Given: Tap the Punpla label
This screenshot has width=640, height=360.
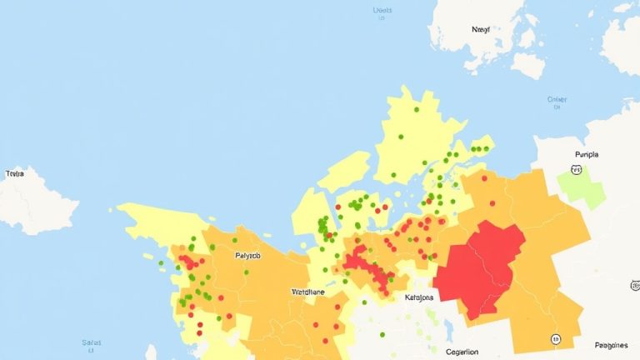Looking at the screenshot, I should pyautogui.click(x=587, y=155).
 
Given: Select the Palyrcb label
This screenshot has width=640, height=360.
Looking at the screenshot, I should pyautogui.click(x=247, y=256).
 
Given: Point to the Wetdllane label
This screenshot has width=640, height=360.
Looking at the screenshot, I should pyautogui.click(x=308, y=292).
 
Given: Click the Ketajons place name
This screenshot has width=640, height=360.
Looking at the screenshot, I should pyautogui.click(x=419, y=297).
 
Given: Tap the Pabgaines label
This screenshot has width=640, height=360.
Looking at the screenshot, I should pyautogui.click(x=611, y=344).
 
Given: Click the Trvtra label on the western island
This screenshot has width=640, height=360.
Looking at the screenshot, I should pyautogui.click(x=14, y=174).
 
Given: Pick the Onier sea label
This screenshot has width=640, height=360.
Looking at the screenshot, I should pyautogui.click(x=557, y=100).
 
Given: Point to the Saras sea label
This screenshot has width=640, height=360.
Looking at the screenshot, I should pyautogui.click(x=92, y=342).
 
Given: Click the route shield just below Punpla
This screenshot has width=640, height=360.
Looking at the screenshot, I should pyautogui.click(x=575, y=169).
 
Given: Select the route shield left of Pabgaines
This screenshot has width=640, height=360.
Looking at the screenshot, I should pyautogui.click(x=555, y=339).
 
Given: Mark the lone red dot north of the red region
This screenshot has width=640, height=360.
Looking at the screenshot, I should pyautogui.click(x=492, y=202).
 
